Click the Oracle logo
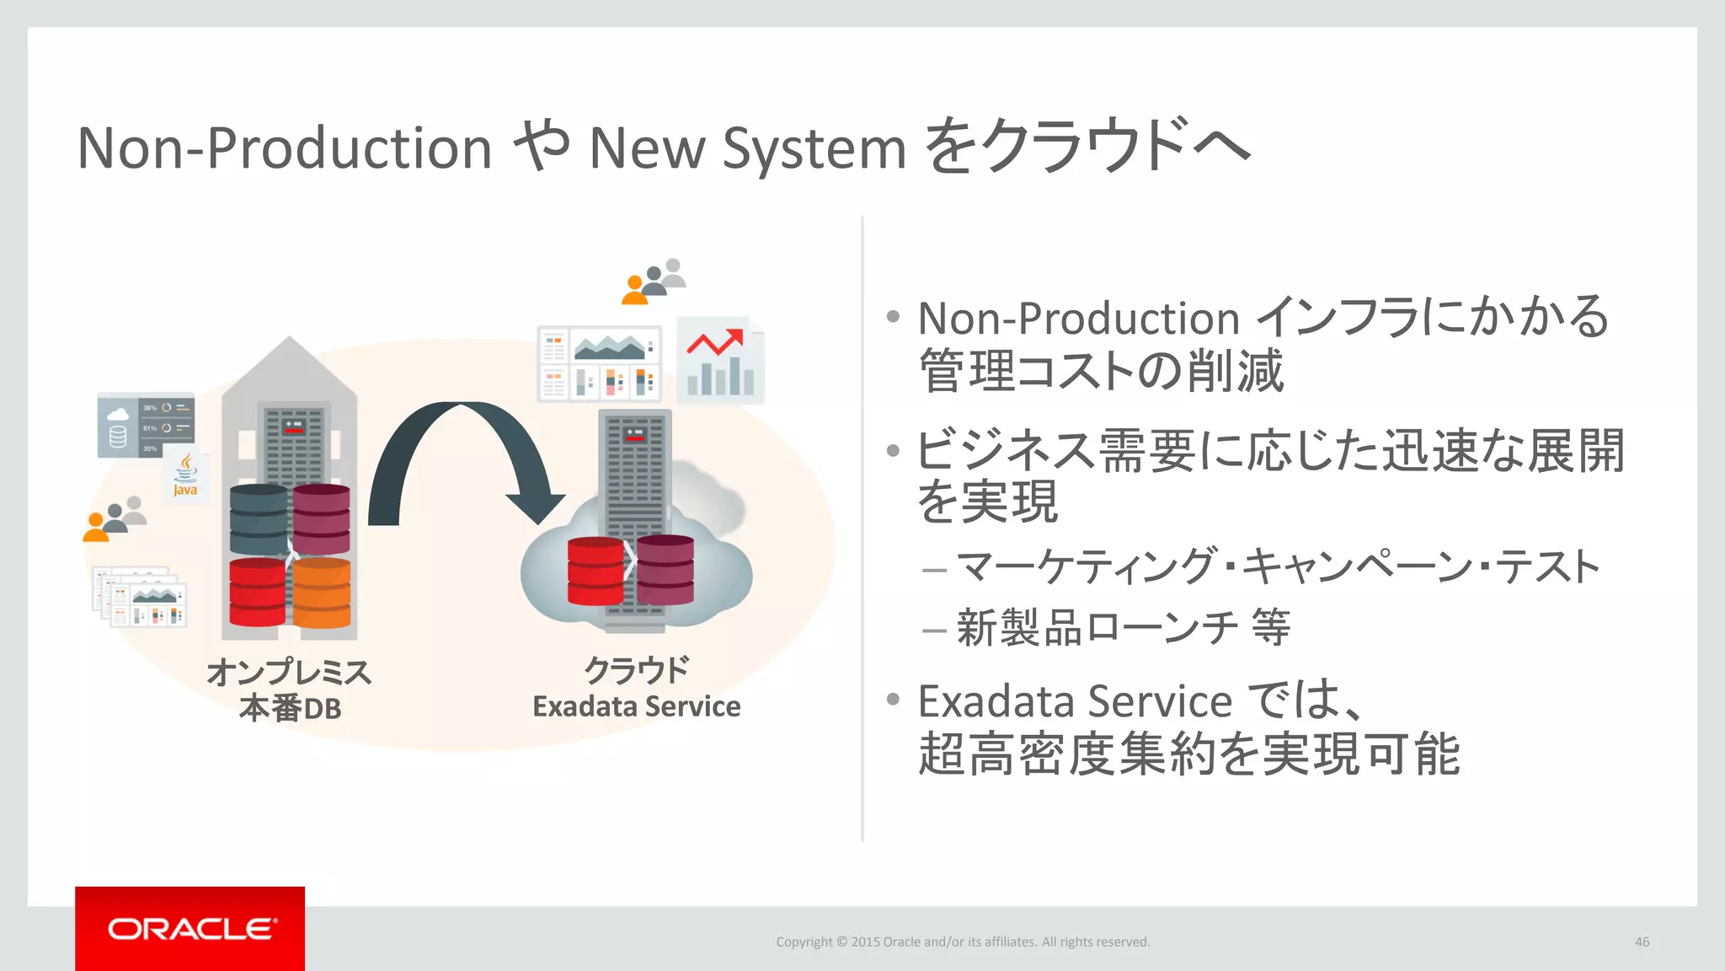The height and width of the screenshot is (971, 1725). tap(190, 929)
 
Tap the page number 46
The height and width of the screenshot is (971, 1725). tap(1642, 941)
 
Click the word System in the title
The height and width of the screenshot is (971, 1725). tap(814, 149)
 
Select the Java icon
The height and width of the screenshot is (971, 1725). tap(185, 475)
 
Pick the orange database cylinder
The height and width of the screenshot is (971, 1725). tap(321, 593)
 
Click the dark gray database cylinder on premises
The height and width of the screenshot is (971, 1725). tap(259, 519)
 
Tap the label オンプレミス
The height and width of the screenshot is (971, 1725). tap(289, 672)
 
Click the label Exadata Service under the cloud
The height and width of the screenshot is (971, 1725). tap(636, 706)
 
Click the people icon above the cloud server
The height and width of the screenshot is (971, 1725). tap(654, 281)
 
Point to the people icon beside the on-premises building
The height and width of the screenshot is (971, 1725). tap(115, 518)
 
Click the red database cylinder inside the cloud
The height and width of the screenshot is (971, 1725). tap(595, 571)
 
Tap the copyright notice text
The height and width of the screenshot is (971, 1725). tap(963, 941)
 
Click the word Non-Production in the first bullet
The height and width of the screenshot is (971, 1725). tap(1078, 319)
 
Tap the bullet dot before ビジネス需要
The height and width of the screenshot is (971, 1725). tap(893, 450)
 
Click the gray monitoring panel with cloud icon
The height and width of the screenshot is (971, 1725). tap(145, 426)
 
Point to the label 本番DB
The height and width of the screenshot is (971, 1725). tap(291, 708)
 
